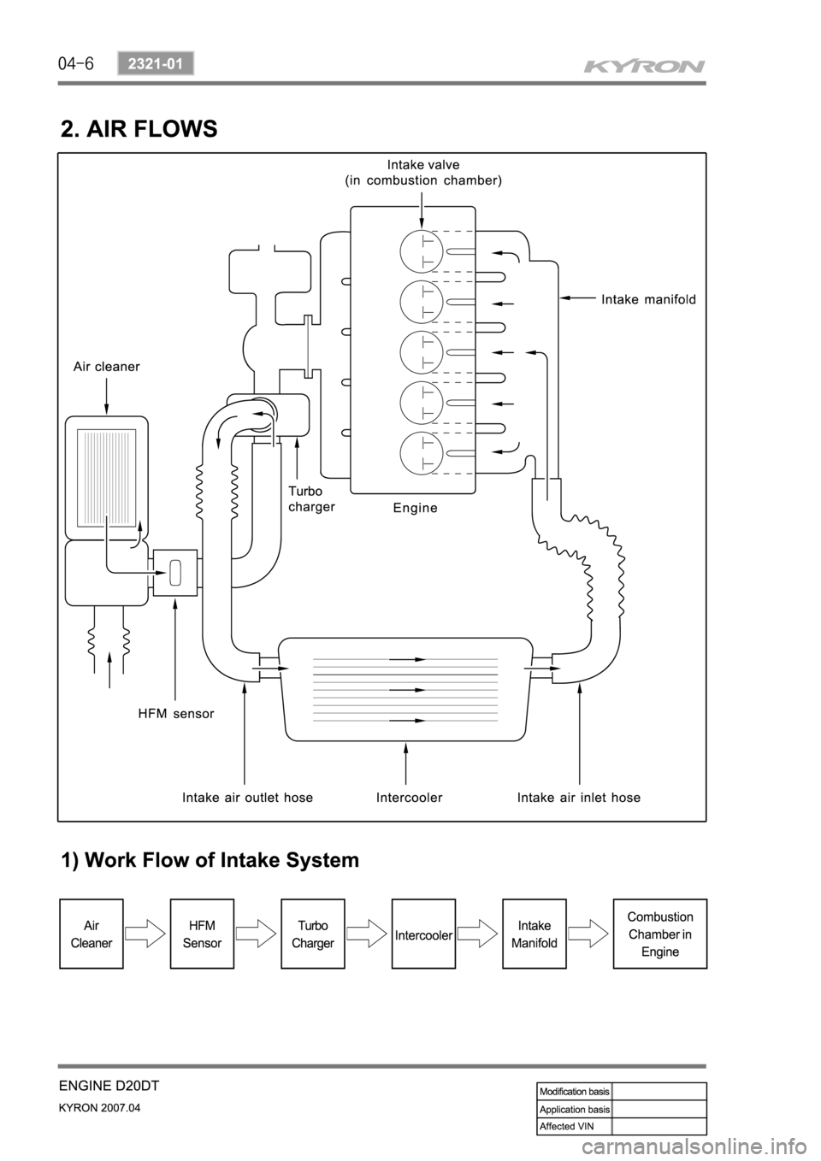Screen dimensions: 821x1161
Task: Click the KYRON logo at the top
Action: click(644, 67)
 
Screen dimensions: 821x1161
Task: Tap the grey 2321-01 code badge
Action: click(156, 64)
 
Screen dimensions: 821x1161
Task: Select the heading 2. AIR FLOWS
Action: click(139, 129)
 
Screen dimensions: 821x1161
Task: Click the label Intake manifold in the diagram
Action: click(648, 299)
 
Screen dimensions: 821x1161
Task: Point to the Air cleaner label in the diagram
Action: click(107, 367)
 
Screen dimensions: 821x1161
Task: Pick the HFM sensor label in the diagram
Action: click(176, 714)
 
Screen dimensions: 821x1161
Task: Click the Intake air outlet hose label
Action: click(248, 797)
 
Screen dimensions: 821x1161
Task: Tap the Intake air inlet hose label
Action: click(579, 797)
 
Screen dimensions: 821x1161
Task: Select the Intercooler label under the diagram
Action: click(410, 797)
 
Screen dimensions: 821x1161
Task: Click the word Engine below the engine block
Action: click(415, 508)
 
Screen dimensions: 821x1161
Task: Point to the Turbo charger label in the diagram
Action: click(311, 498)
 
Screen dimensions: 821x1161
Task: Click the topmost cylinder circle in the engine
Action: click(422, 251)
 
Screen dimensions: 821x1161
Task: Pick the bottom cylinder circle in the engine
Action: click(422, 453)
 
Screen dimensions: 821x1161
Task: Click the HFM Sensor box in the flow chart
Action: click(202, 934)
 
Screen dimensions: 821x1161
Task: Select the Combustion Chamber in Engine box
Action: click(660, 934)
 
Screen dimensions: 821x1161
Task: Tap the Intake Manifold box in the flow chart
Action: click(535, 934)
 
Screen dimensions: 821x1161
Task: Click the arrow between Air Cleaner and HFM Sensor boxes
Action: click(146, 934)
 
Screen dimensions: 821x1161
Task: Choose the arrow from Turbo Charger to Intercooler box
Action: click(368, 934)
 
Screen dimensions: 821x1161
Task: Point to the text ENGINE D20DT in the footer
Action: click(109, 1086)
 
